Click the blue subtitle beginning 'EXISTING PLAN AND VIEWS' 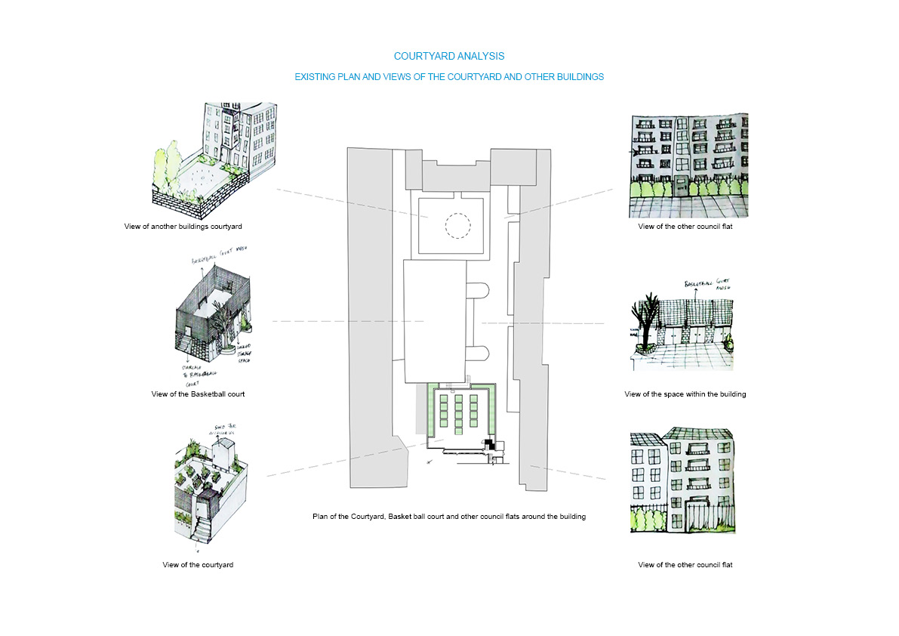coord(449,77)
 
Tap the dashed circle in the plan coord(457,224)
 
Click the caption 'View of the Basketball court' coord(198,394)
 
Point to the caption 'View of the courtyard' coord(198,565)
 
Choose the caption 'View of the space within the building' coord(685,394)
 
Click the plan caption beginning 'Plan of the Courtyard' coord(449,517)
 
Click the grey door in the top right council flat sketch coord(682,187)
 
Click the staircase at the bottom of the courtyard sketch coord(202,529)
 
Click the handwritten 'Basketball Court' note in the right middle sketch coord(709,286)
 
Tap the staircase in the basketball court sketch coord(187,344)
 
